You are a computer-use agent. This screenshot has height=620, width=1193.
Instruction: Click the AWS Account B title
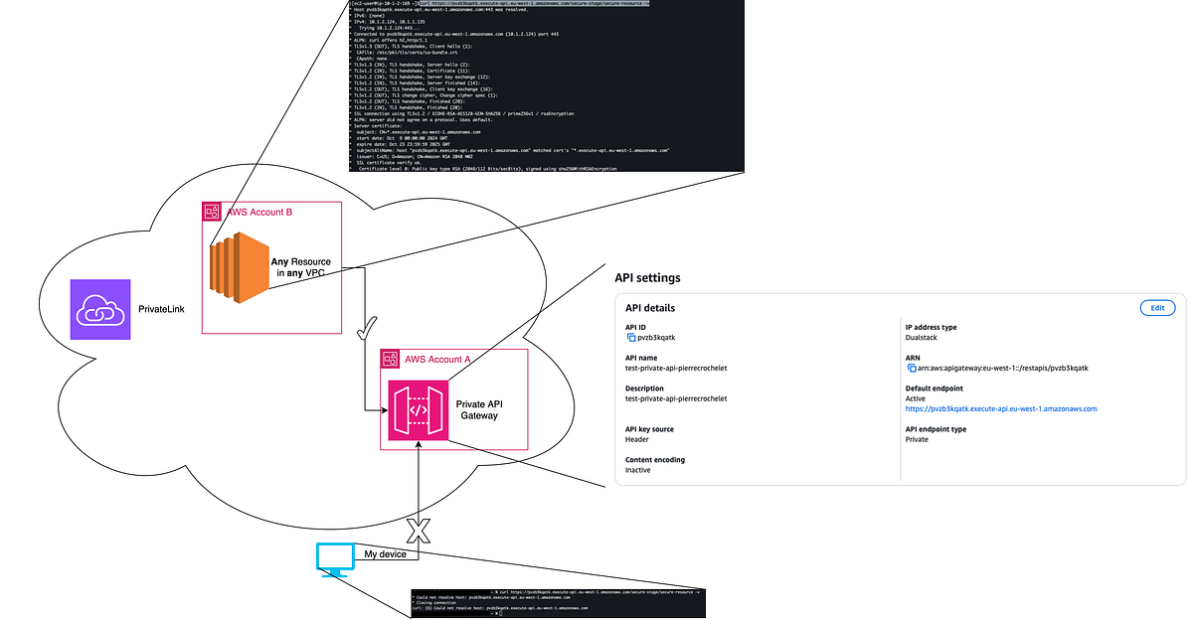click(x=260, y=212)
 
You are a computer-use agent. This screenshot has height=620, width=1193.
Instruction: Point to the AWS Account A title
click(x=438, y=357)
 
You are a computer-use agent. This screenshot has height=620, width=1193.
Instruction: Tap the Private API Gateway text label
click(x=478, y=409)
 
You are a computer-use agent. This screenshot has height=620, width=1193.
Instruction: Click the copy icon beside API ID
click(x=630, y=338)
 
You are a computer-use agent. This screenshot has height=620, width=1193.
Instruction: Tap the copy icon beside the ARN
click(x=912, y=368)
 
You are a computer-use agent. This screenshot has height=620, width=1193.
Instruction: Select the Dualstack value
click(x=928, y=338)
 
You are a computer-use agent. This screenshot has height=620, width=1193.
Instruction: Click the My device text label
click(x=386, y=553)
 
